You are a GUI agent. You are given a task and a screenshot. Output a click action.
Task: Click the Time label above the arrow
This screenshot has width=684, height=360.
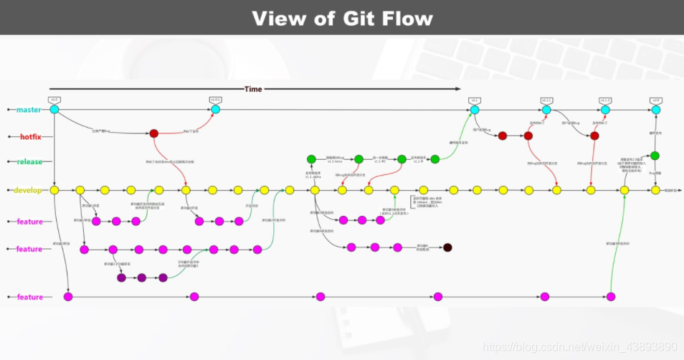coord(253,89)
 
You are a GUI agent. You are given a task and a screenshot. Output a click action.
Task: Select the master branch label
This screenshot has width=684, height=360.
coord(29,110)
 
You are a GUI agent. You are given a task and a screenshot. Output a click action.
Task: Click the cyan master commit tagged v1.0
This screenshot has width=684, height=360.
coord(54,110)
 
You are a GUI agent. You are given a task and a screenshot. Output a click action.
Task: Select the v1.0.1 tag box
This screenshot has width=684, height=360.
coord(215,100)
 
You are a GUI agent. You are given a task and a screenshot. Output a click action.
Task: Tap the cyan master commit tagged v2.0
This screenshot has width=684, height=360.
coord(655,110)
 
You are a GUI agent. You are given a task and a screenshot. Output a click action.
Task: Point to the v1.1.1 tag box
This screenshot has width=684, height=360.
coord(546,100)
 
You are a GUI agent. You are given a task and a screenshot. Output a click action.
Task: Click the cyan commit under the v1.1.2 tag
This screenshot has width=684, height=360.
coord(605,110)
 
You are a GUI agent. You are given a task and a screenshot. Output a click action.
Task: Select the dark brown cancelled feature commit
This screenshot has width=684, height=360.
coord(447,247)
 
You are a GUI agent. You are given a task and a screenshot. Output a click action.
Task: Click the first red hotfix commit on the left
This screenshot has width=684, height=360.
coord(153,133)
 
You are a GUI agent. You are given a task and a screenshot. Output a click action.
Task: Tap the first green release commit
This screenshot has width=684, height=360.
coord(311,159)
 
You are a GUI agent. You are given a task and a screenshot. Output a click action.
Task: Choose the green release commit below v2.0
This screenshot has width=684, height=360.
coord(655,156)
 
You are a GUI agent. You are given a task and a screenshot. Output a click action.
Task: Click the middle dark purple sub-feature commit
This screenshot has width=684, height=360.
coord(141,278)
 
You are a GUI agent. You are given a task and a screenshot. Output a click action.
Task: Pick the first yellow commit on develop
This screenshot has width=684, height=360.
coord(54,190)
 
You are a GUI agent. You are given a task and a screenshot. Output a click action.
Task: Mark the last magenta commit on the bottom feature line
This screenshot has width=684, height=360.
coord(611,297)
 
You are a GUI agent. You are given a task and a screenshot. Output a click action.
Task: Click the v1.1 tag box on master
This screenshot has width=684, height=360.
coord(474,100)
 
